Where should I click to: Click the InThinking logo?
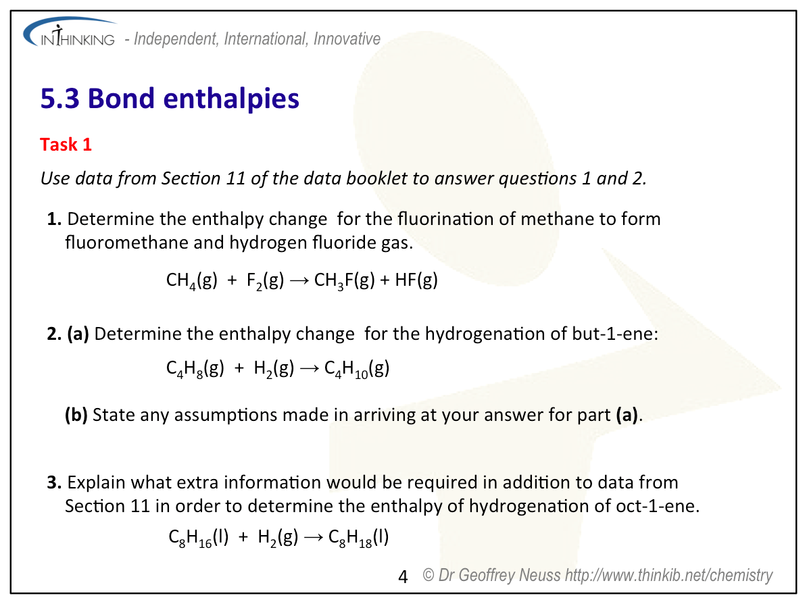point(70,32)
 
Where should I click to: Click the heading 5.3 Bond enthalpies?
point(170,98)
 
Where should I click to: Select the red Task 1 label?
point(66,145)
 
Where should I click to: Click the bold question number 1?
point(54,219)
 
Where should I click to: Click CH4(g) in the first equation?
point(191,281)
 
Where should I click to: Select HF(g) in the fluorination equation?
point(416,280)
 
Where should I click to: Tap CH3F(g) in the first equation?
point(344,281)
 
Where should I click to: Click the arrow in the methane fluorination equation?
point(299,280)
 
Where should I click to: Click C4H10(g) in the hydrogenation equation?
point(357,369)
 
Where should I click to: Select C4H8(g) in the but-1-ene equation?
point(195,369)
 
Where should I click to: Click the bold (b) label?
point(76,415)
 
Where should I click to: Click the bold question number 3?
point(54,482)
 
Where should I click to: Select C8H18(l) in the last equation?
point(358,538)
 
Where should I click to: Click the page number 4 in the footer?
point(403,577)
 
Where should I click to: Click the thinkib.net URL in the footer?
point(669,576)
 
